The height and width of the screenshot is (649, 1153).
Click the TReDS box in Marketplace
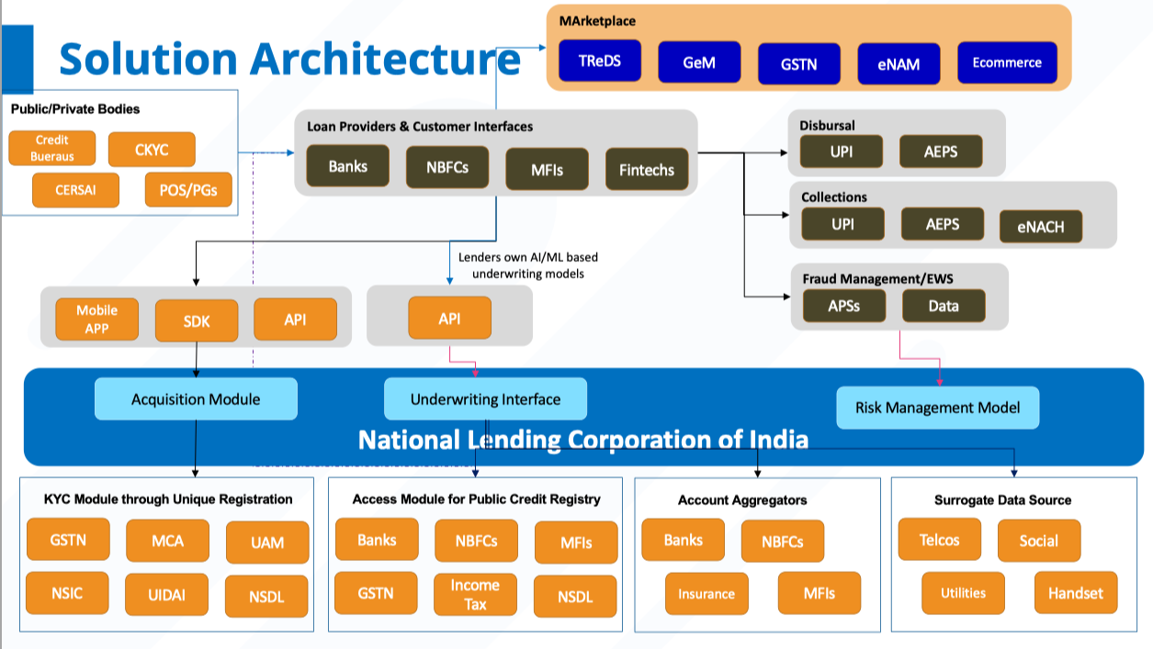click(599, 62)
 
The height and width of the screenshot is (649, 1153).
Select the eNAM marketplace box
click(899, 64)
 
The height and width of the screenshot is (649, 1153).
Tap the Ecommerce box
click(1007, 62)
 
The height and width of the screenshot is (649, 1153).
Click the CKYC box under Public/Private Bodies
click(152, 150)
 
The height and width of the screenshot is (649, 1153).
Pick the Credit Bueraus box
click(51, 149)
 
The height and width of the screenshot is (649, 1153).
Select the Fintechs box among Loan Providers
click(647, 170)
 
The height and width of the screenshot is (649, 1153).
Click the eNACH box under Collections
click(1040, 227)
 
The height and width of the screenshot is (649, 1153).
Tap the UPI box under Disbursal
click(842, 151)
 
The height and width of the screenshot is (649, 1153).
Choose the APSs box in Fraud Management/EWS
click(843, 306)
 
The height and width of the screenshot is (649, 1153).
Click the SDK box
click(197, 321)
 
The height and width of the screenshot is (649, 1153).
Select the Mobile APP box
click(96, 319)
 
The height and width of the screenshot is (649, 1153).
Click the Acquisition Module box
click(196, 399)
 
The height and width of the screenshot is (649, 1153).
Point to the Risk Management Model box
click(937, 408)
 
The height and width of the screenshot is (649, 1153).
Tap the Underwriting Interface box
click(485, 399)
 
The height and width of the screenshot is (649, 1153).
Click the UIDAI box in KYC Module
click(166, 595)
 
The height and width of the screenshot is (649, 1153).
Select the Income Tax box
click(475, 594)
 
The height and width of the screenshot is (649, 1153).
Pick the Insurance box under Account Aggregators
click(706, 594)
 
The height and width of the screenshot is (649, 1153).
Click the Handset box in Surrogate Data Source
click(1075, 593)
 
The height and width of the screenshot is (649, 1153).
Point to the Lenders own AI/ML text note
click(528, 265)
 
